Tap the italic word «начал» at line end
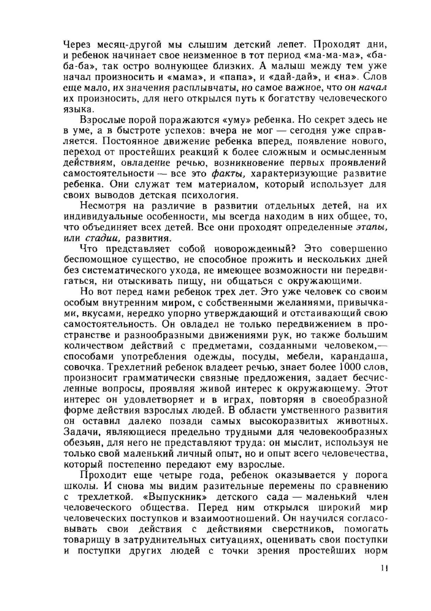[373, 87]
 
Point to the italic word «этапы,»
[372, 227]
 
